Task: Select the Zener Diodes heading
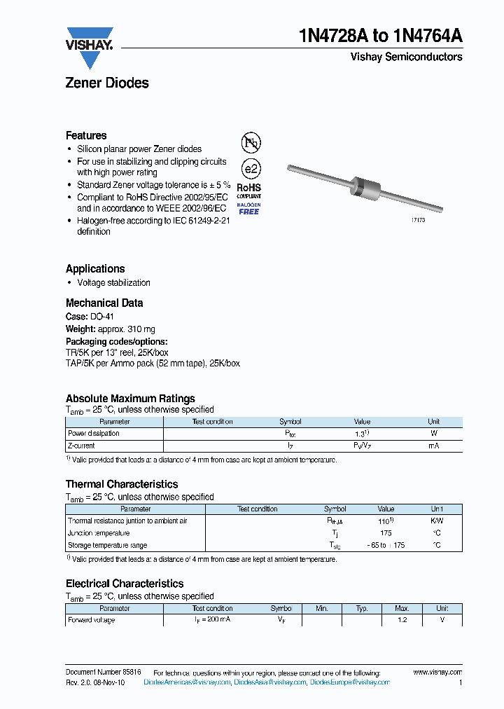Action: tap(107, 83)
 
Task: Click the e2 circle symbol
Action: tap(250, 170)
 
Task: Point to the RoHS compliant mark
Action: tap(248, 191)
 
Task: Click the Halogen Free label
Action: tap(248, 208)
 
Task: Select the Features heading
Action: tap(86, 135)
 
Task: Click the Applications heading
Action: tap(95, 268)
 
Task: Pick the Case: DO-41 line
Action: tap(90, 317)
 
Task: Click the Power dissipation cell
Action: tap(94, 434)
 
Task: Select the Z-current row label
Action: tap(81, 446)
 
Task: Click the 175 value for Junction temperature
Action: tap(386, 533)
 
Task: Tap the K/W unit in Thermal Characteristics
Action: tap(436, 521)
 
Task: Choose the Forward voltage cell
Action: tap(92, 620)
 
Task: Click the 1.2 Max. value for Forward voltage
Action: tap(402, 620)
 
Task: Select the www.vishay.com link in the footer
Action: tap(437, 672)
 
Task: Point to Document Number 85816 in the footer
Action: tap(103, 672)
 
